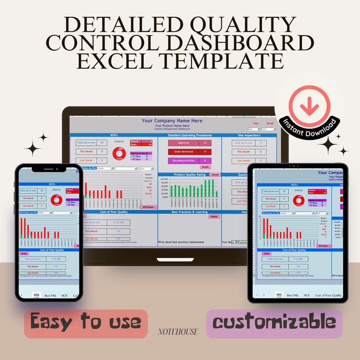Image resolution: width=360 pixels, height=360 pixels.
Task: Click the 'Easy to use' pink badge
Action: [86, 322]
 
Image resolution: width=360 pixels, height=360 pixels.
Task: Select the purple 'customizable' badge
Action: [274, 323]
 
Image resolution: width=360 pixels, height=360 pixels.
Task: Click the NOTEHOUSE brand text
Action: [178, 332]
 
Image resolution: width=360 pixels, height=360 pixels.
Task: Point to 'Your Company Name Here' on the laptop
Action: [172, 121]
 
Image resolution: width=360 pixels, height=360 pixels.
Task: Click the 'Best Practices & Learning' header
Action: [190, 212]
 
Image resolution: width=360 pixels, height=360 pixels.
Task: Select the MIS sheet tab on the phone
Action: [37, 295]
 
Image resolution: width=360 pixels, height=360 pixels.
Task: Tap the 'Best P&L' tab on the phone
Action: [51, 295]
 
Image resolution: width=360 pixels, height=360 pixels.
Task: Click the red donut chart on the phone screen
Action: [57, 199]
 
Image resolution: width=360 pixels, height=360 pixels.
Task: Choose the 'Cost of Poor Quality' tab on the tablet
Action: [328, 295]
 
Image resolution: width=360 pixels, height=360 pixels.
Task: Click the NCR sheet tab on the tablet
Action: [306, 295]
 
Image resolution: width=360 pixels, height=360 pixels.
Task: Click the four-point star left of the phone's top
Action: [33, 147]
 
